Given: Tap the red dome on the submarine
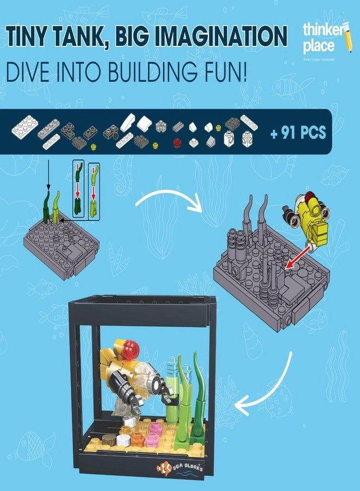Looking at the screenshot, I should point(131,346).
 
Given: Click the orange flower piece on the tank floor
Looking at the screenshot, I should point(137,439).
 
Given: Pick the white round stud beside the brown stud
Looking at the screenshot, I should point(123,440).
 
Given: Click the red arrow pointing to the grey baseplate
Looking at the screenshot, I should point(298,256).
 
